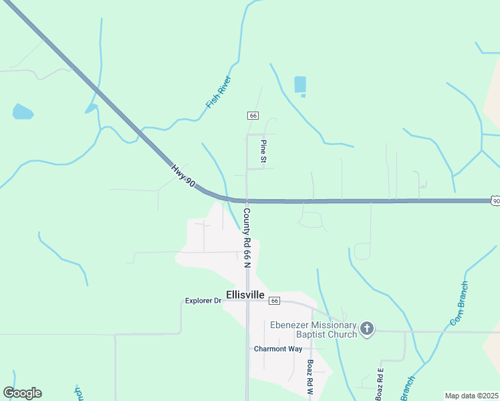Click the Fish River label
(x=219, y=92)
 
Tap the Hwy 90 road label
(x=182, y=176)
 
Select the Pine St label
(x=264, y=152)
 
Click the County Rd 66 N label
(x=246, y=238)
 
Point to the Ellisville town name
(x=245, y=295)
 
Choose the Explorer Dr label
(x=203, y=301)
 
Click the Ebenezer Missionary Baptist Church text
(x=313, y=329)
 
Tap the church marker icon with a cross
(x=366, y=328)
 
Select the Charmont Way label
(x=278, y=349)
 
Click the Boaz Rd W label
(x=310, y=378)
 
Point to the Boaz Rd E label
(x=380, y=384)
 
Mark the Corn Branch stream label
(x=459, y=304)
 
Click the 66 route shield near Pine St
(x=253, y=116)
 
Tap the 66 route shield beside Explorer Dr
(x=274, y=301)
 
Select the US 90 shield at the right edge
(x=495, y=200)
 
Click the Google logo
(x=22, y=393)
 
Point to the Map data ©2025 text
(x=471, y=396)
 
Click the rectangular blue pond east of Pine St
(x=300, y=85)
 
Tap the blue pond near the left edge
(x=22, y=112)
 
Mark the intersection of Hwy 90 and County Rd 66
(x=247, y=200)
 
